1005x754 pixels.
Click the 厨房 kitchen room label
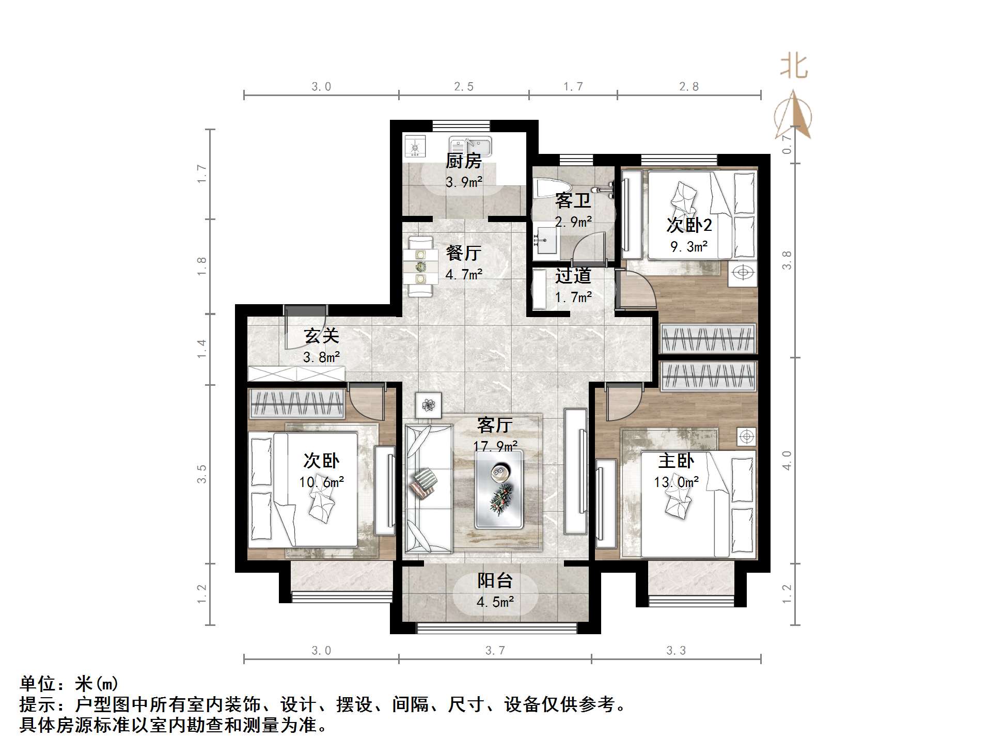tap(463, 161)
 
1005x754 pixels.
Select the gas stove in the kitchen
tap(414, 147)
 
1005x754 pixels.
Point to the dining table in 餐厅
tap(420, 266)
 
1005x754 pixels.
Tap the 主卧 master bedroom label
tap(676, 461)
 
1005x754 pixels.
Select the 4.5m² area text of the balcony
tap(495, 602)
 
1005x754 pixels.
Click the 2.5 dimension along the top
tap(463, 87)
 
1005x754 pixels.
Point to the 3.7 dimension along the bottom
tap(495, 651)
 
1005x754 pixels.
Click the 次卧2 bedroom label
tap(689, 225)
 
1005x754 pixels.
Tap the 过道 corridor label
tap(573, 276)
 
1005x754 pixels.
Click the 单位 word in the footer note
tap(38, 684)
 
